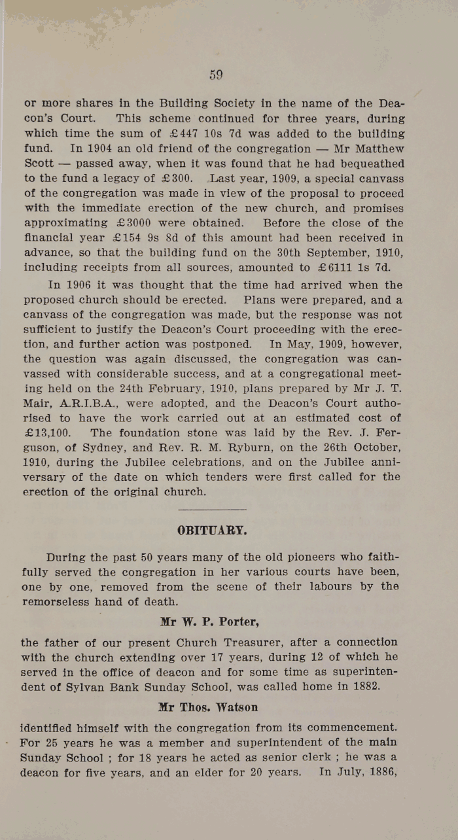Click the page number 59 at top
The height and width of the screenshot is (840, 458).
point(217,75)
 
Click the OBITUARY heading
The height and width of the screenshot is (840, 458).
point(212,531)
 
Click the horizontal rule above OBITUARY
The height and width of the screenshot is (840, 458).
point(212,510)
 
